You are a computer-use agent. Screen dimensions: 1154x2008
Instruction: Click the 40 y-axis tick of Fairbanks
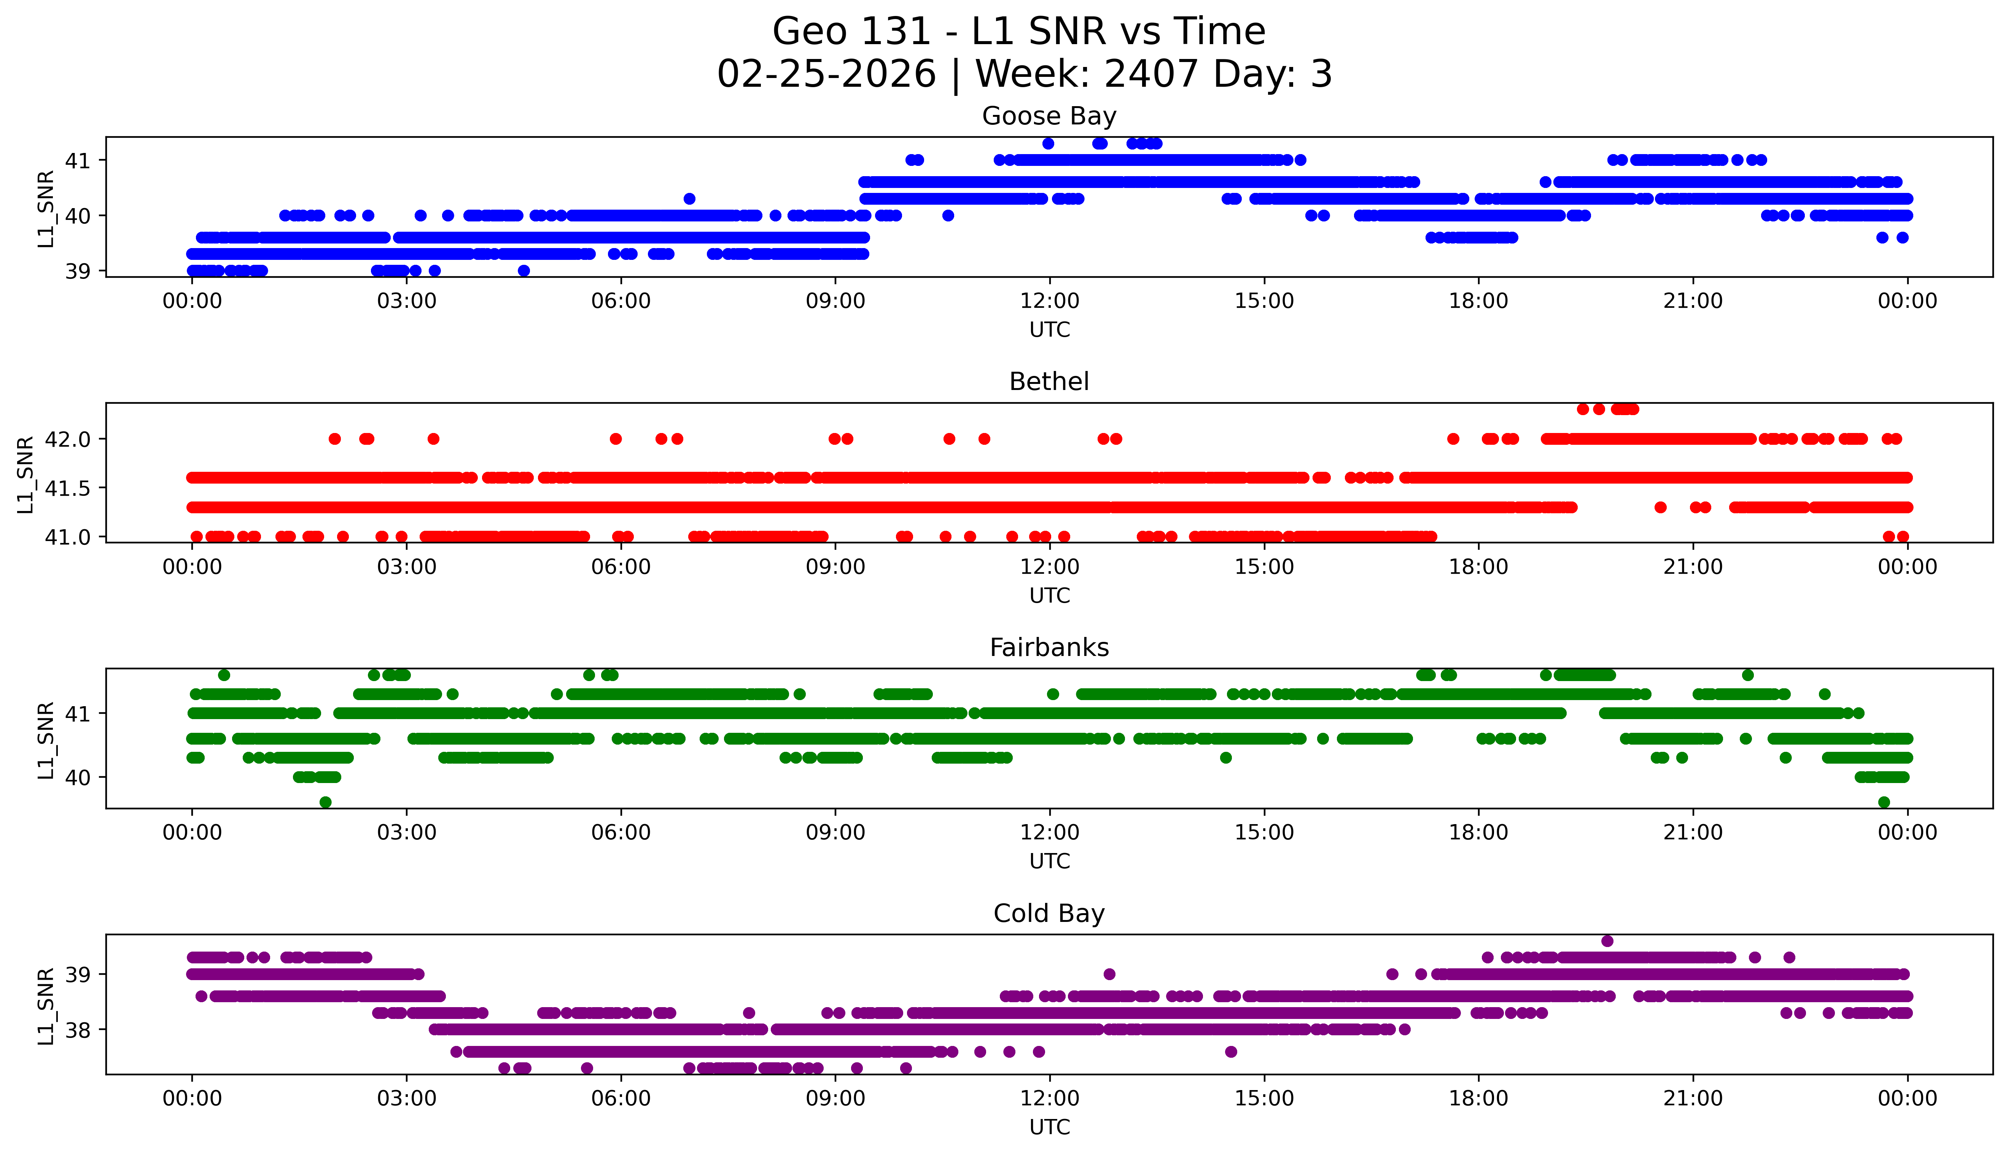[78, 778]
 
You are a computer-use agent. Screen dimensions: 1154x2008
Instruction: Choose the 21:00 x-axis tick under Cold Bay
[1693, 1098]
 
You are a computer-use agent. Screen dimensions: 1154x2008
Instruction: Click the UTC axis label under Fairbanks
[1049, 861]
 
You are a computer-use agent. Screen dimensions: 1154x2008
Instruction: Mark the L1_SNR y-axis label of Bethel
[25, 474]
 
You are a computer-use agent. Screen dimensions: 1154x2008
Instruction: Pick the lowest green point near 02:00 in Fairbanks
[325, 802]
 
